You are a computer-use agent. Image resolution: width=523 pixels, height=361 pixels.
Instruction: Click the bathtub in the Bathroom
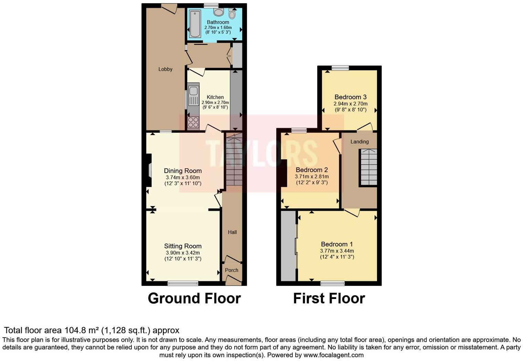click(x=195, y=24)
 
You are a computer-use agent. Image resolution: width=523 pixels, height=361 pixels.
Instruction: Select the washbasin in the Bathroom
click(x=218, y=12)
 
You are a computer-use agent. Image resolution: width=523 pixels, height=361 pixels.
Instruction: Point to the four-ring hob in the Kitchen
click(x=193, y=122)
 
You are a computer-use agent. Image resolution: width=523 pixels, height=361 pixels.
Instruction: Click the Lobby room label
click(x=165, y=69)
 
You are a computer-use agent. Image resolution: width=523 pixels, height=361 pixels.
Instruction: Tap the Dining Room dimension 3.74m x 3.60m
click(x=183, y=178)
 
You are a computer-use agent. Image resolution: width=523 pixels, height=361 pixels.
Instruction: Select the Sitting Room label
click(x=183, y=246)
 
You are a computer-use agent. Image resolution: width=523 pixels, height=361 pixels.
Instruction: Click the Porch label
click(x=232, y=270)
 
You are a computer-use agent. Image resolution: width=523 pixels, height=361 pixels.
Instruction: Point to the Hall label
click(x=232, y=232)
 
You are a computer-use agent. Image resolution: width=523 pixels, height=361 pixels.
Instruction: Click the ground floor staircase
click(x=234, y=161)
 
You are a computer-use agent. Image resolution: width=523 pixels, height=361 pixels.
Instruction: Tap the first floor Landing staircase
click(x=369, y=167)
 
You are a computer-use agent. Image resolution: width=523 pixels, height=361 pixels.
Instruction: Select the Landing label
click(x=360, y=142)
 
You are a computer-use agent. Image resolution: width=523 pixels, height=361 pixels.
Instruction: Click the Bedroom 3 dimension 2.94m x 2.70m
click(x=350, y=104)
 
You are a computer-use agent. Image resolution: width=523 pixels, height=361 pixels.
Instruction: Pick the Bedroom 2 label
click(x=312, y=170)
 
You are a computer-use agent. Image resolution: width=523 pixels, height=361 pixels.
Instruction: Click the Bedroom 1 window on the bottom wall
click(x=332, y=283)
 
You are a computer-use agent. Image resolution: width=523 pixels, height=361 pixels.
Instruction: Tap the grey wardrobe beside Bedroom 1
click(x=288, y=246)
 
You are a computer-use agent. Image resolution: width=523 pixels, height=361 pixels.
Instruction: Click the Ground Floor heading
click(x=194, y=298)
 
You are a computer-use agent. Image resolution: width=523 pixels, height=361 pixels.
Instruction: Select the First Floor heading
click(x=329, y=298)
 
